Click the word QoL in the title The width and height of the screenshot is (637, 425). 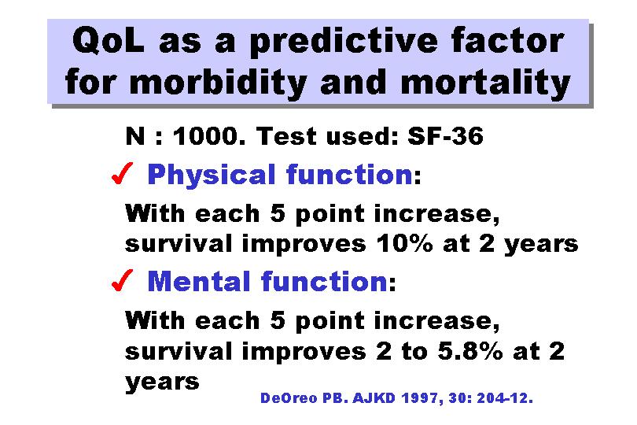tap(108, 41)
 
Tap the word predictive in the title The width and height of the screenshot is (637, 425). tap(344, 42)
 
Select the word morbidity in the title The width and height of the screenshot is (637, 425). tap(218, 83)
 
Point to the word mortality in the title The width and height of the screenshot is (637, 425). tap(485, 83)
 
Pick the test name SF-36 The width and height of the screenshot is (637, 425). tap(446, 136)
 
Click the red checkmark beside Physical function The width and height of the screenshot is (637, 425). tap(122, 173)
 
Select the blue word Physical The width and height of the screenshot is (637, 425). tap(212, 176)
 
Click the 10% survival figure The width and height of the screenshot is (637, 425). tap(405, 244)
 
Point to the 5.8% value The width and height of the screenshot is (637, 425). tap(470, 351)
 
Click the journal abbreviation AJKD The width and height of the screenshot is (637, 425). tap(374, 397)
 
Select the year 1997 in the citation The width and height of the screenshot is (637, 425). tap(422, 398)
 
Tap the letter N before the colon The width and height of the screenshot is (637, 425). tap(135, 136)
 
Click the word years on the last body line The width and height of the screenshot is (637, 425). tap(162, 382)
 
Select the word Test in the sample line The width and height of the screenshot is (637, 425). tap(287, 136)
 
